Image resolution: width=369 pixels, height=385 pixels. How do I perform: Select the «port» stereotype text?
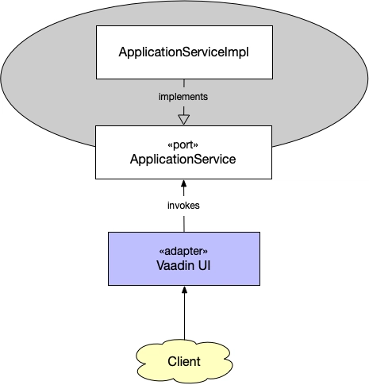pos(184,146)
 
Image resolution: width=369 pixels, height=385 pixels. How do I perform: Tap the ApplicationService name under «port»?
pos(184,160)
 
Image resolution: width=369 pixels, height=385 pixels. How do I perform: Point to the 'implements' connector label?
pos(184,96)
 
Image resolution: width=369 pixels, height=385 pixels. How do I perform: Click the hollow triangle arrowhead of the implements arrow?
pos(184,119)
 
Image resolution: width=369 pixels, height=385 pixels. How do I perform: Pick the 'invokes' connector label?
pos(184,205)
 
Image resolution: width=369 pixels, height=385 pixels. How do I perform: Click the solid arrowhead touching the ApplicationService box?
pos(184,183)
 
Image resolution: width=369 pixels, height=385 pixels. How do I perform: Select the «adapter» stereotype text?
pos(184,251)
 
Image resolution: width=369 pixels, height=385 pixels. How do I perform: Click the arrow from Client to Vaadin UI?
pos(184,318)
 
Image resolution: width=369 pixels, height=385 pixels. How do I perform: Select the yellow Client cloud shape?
pos(155,362)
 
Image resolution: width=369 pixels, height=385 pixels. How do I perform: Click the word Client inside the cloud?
pos(184,362)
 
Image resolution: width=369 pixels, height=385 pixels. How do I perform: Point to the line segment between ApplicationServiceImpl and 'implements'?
pos(184,84)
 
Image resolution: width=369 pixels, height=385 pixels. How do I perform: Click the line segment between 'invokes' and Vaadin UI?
pos(184,222)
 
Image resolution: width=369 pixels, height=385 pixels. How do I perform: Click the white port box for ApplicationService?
pos(119,152)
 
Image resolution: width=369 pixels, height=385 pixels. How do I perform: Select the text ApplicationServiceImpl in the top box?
pos(184,53)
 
